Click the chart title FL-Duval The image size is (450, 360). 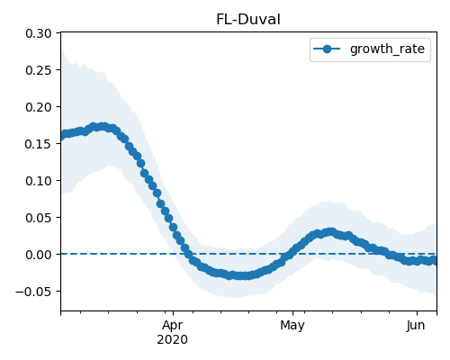pos(248,20)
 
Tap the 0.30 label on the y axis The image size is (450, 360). pos(39,33)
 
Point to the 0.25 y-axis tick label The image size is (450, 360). pos(39,70)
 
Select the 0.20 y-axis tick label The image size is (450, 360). pos(39,107)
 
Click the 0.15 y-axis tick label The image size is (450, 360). pos(39,144)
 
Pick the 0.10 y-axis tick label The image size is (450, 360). pos(39,181)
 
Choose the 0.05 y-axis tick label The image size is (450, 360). pos(39,218)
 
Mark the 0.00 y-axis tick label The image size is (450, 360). pos(39,255)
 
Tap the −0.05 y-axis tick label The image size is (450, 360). pos(33,292)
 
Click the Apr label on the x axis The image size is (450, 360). pos(173,326)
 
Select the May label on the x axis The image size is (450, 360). pos(292,326)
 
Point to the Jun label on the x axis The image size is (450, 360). pos(416,326)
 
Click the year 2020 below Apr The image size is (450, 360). pos(172,340)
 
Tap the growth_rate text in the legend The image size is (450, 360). pos(387,49)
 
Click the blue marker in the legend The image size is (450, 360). pos(327,49)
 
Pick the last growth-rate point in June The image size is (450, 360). pos(434,260)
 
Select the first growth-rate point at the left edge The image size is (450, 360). pos(63,135)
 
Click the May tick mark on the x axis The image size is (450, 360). pos(293,313)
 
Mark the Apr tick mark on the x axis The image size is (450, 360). pos(173,313)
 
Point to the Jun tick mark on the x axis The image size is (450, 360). pos(417,313)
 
